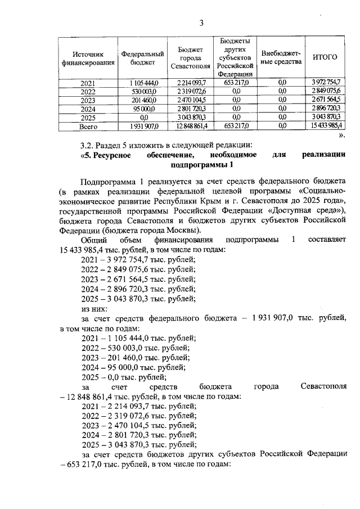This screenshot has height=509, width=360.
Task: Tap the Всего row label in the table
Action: coord(88,127)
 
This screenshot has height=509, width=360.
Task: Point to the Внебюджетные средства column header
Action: coord(282,57)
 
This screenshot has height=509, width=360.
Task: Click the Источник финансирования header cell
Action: coord(88,58)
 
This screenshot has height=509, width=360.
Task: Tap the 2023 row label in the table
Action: coord(88,100)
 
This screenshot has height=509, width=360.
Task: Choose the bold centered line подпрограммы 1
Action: coord(201,165)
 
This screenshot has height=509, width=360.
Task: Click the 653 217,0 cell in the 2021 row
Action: coord(236,83)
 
